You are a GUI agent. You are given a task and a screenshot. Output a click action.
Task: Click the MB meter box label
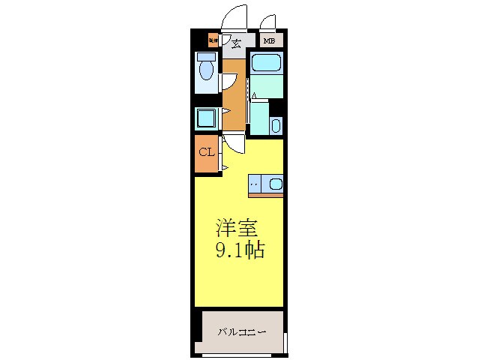tap(268, 42)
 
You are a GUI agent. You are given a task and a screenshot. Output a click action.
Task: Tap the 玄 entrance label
tap(235, 43)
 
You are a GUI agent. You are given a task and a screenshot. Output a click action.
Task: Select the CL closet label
tap(207, 153)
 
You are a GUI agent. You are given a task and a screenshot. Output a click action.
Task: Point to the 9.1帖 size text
tap(239, 250)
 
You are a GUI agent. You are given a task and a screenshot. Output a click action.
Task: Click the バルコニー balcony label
tap(242, 331)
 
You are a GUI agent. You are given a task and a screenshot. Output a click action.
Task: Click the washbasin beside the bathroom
tap(276, 125)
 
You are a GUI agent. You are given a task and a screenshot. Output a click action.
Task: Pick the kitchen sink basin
tap(274, 183)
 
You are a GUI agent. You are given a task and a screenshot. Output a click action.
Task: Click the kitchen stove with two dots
tap(256, 183)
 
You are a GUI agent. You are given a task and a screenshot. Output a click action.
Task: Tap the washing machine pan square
tap(205, 118)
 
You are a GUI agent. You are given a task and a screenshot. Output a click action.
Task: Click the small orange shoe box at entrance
tap(213, 40)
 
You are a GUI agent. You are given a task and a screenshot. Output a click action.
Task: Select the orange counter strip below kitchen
tap(266, 195)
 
